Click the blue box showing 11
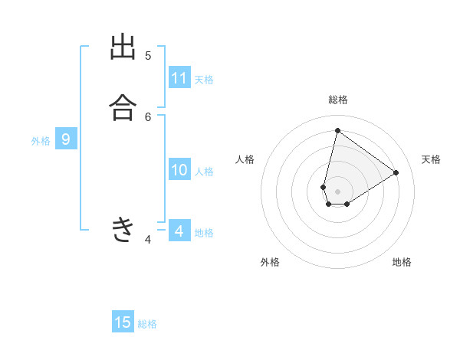point(179,78)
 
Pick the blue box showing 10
point(179,170)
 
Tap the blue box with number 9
point(66,139)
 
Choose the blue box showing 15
point(123,322)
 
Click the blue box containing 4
point(179,231)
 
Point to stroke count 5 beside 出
point(148,55)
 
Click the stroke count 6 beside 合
point(148,116)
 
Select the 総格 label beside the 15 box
point(147,324)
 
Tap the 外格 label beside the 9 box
point(41,141)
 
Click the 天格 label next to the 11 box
point(204,80)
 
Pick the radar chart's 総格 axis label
point(337,100)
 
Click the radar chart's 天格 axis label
point(431,159)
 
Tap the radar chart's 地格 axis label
point(402,262)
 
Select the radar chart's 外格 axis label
point(270,262)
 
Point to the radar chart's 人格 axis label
point(245,159)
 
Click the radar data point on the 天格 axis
point(396,172)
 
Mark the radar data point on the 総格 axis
point(337,131)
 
